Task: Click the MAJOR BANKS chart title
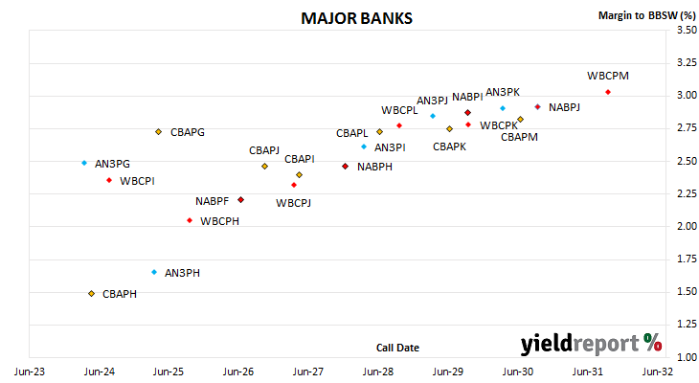point(356,18)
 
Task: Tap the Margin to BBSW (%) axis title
point(647,15)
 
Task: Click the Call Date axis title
point(397,348)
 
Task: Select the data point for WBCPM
point(608,92)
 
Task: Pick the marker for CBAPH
point(91,294)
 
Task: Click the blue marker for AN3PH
point(154,273)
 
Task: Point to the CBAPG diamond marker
point(158,132)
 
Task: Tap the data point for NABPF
point(240,200)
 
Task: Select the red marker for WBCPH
point(190,221)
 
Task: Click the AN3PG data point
point(84,163)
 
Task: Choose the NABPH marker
point(345,167)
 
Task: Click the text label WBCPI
point(137,181)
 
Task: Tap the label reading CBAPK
point(449,146)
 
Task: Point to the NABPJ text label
point(564,107)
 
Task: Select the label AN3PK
point(503,92)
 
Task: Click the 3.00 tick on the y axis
point(687,95)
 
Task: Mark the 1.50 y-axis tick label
point(687,291)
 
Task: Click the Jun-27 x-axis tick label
point(308,372)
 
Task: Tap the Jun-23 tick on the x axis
point(30,372)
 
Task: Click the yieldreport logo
point(591,344)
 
